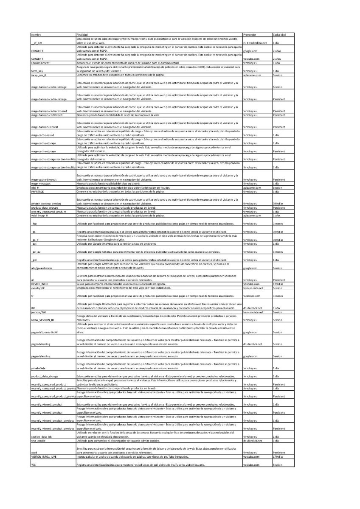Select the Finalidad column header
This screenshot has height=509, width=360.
[82, 34]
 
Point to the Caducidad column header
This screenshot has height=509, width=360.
[279, 34]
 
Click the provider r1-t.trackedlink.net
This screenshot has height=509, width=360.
[255, 43]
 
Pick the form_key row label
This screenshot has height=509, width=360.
[37, 71]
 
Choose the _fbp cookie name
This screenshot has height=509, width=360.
[34, 224]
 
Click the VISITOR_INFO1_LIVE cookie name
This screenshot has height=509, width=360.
[44, 456]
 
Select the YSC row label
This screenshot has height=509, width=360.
[34, 465]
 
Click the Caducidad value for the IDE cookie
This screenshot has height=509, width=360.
[276, 308]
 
